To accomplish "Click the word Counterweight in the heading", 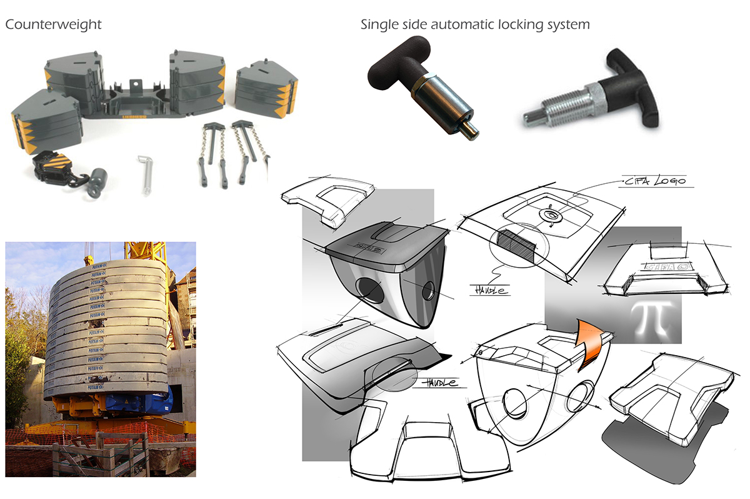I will tap(53, 25).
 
